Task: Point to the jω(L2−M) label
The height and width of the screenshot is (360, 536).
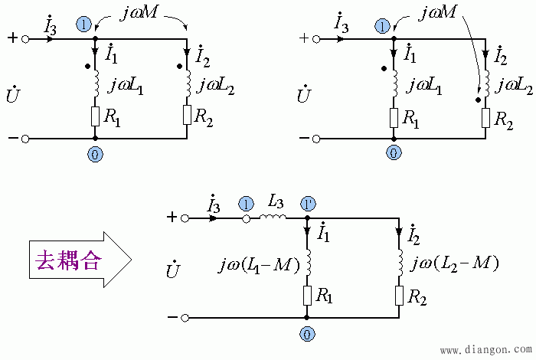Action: (x=455, y=264)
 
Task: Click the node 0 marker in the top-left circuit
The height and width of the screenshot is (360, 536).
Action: (x=95, y=154)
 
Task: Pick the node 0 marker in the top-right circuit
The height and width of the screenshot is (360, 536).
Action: (x=394, y=154)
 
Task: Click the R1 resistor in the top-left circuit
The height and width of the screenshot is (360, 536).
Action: (x=95, y=116)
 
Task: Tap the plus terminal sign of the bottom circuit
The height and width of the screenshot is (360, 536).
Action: (x=173, y=218)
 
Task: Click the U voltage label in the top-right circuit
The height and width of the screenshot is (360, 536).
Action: (x=303, y=95)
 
